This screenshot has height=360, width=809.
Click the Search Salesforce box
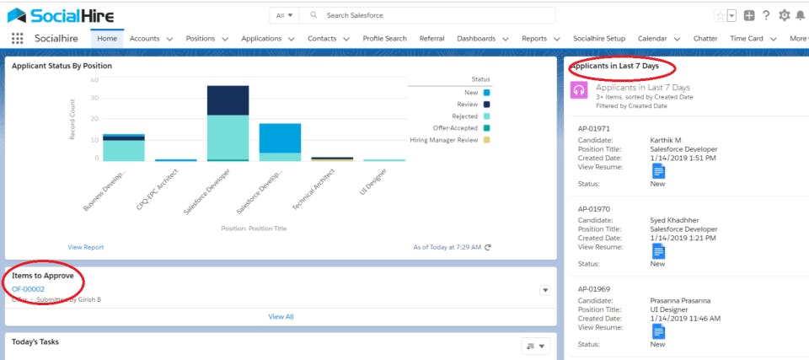430,15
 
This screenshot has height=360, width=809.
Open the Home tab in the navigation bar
107,39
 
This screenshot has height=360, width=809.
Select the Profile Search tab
384,39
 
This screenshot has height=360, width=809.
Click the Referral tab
431,39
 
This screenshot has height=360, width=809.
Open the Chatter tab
705,39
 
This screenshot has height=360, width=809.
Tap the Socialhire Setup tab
599,39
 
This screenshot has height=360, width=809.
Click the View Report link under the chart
86,247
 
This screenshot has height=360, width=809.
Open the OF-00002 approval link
29,289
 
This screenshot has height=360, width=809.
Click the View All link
281,317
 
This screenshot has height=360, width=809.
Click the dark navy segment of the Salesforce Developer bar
228,100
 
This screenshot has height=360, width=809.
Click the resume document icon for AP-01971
659,171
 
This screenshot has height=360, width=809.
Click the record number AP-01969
594,289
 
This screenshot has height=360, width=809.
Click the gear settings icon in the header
785,15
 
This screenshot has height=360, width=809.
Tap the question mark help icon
766,15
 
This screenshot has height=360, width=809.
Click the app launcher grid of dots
18,39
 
